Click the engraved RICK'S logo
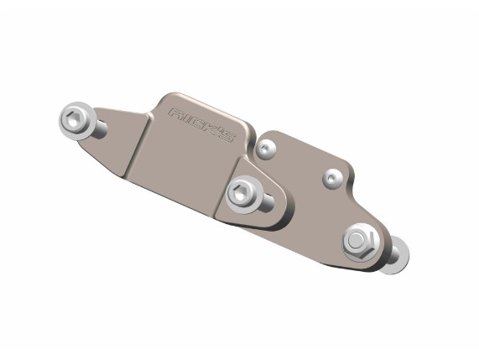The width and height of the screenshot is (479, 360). pos(201,125)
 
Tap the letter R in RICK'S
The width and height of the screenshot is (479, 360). pos(176,114)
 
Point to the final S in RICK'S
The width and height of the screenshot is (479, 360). pos(226,137)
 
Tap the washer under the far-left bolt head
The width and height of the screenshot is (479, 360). pos(76,121)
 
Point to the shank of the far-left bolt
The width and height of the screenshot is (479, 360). pos(100,128)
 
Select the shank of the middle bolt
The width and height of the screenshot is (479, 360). pos(267,201)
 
